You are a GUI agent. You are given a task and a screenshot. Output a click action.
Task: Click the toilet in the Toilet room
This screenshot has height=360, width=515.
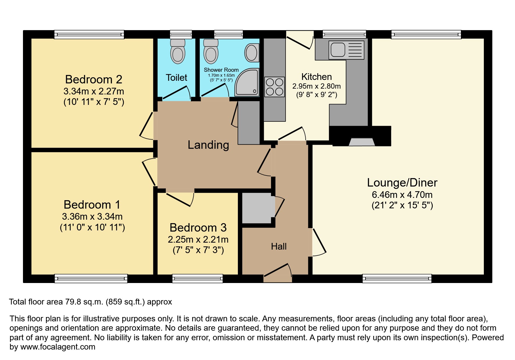coord(178,52)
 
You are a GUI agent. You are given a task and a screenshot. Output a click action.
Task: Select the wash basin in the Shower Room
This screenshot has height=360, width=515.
coord(252,53)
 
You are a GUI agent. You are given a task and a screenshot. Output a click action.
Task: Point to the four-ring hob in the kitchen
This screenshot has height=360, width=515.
coord(274,87)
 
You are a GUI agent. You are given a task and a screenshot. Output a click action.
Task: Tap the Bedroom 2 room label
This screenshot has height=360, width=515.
coord(93,79)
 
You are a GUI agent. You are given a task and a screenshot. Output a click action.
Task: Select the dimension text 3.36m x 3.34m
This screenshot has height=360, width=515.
coord(92,216)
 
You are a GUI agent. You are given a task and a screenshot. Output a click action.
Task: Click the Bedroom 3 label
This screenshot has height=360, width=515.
coord(198,228)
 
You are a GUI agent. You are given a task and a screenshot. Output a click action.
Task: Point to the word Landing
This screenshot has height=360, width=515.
coord(208,145)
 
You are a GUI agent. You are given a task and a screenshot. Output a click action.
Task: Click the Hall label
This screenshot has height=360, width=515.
coord(279,246)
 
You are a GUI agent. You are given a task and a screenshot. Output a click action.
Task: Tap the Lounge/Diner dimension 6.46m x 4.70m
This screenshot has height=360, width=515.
coord(402,195)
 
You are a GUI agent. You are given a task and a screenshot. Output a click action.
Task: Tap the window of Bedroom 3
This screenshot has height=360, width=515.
coord(197,279)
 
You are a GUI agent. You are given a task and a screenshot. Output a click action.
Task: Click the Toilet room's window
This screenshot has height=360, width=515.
coord(181,35)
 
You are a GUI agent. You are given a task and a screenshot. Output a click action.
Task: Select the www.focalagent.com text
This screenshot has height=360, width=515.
coord(58,347)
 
